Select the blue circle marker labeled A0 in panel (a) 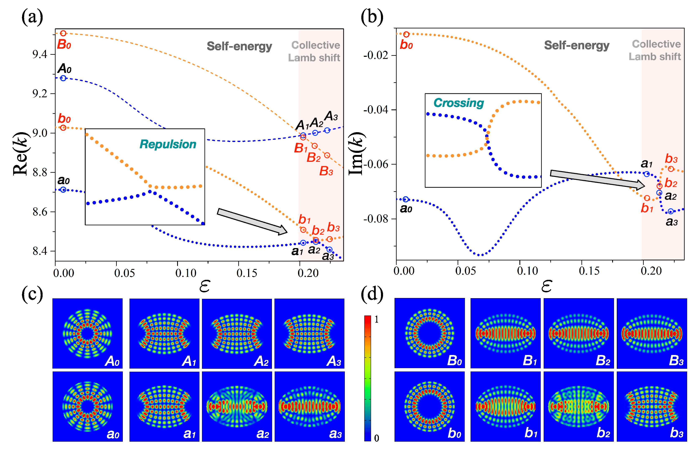tap(63, 78)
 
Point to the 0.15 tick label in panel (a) tap(247, 273)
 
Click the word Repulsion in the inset tap(168, 144)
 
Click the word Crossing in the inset tap(458, 103)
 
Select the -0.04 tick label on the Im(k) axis tap(376, 110)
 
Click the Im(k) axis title tap(356, 154)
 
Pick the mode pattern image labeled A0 tap(87, 333)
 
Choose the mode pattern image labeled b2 tap(579, 406)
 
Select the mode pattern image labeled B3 tap(652, 333)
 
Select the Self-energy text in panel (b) tap(576, 45)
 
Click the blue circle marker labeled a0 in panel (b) tap(406, 199)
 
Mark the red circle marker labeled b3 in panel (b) tap(671, 169)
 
